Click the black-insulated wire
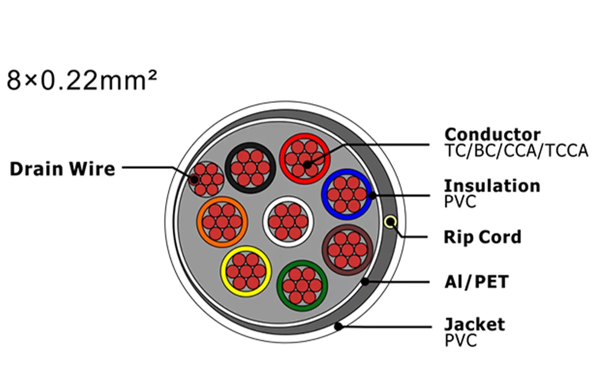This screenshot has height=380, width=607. pos(250,168)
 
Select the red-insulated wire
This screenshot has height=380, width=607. pos(304,158)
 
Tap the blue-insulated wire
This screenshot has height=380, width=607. pos(347,194)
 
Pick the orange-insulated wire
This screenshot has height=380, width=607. pos(222,222)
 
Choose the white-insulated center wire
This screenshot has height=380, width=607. pos(288,222)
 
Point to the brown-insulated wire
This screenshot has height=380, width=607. pos(348,250)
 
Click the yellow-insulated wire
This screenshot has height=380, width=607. pos(246,271)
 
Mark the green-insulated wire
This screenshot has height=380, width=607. pos(302,285)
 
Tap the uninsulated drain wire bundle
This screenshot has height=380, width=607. pos(206,180)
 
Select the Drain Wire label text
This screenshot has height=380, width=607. pos(62,169)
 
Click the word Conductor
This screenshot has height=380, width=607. pos(492,134)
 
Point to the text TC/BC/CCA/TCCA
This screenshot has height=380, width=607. pos(516,151)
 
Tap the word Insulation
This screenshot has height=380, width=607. pos(492,186)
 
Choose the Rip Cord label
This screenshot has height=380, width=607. pos(482,237)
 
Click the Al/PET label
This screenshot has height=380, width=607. pos(476,282)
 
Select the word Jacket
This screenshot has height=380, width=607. pos(474,325)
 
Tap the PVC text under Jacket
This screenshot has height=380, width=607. pos(460,341)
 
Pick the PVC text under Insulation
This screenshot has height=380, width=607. pos(460,201)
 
